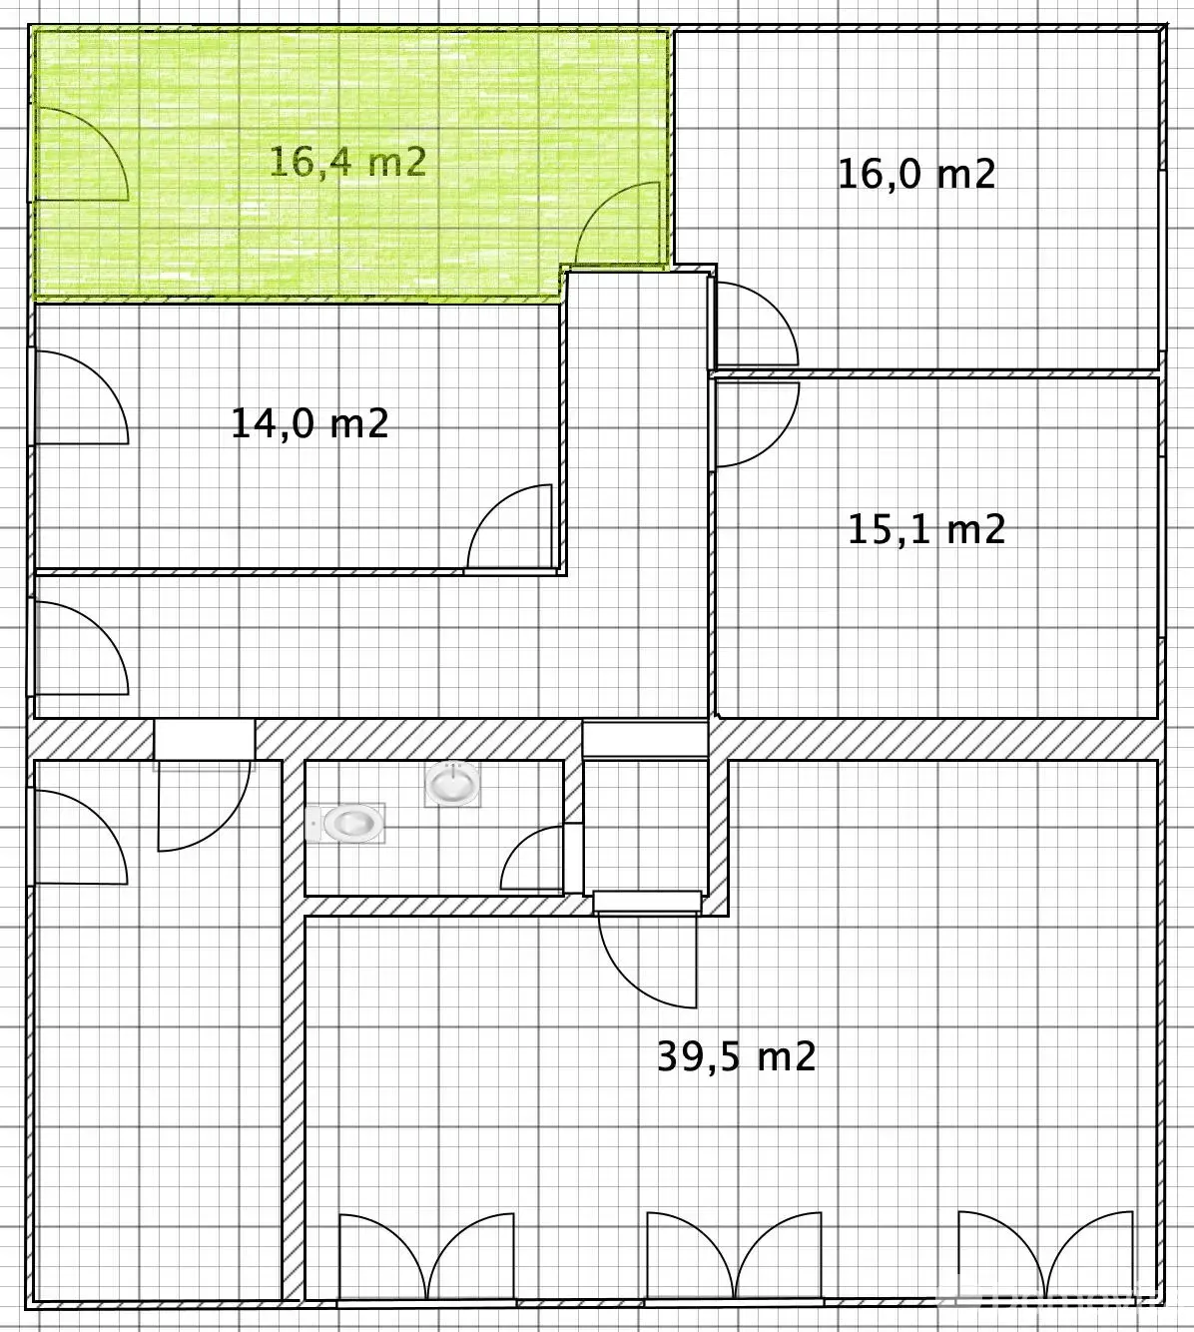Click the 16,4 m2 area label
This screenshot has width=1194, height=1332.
coord(347,162)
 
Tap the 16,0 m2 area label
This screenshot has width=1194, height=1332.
coord(916,174)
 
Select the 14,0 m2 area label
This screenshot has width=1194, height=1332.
coord(309,423)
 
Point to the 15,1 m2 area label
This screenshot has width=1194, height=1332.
coord(926,529)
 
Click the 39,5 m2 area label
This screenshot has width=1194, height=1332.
coord(737,1057)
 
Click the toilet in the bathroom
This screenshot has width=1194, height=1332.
coord(345,823)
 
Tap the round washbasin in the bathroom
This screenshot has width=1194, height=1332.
coord(452,784)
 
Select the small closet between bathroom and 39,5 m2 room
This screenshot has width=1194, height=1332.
coord(646,826)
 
